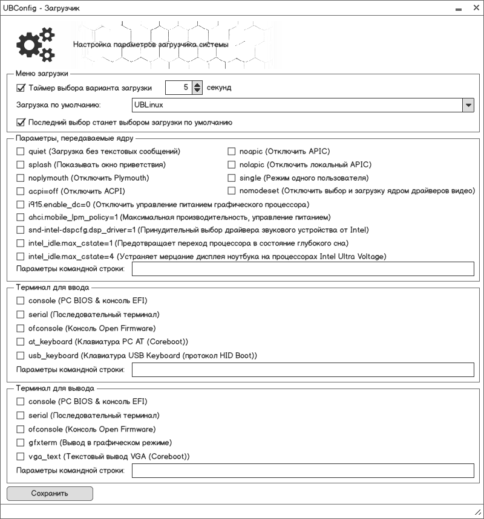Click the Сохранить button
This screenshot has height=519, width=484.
point(50,494)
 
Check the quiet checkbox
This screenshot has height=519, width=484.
point(21,152)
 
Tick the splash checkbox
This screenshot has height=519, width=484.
point(21,165)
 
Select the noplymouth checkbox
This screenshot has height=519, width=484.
point(21,178)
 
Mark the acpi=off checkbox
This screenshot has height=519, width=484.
point(21,192)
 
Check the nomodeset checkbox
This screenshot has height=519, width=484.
point(232,192)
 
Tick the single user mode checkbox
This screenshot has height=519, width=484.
point(232,178)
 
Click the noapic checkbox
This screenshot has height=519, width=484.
point(232,152)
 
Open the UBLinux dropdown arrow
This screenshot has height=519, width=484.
point(468,105)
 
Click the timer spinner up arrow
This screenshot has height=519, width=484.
point(197,85)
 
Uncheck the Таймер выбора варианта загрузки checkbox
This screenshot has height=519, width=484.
point(21,88)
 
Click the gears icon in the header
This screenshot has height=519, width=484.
point(34,44)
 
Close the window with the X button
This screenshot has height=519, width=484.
point(475,8)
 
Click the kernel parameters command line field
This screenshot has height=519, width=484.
point(302,269)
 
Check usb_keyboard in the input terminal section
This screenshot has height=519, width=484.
point(21,356)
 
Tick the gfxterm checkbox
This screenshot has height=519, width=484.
point(21,443)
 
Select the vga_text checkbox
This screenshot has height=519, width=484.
point(21,456)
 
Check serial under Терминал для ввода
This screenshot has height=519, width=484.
point(21,315)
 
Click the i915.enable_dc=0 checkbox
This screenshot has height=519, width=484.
point(21,205)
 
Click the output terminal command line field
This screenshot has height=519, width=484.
point(302,471)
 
